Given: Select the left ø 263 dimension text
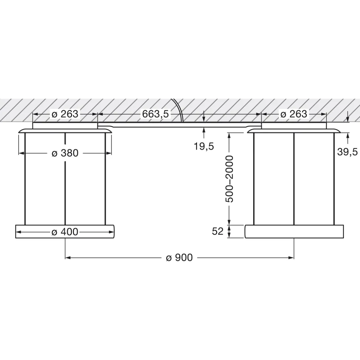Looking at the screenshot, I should tap(65, 114).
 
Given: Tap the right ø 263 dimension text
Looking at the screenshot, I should tap(294, 114).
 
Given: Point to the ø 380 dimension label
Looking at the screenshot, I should tap(65, 153).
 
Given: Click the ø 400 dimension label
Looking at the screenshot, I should tap(65, 232).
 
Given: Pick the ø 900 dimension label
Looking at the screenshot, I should tap(179, 258).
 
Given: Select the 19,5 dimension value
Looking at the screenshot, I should tap(204, 146).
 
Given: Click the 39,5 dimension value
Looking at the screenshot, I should tap(348, 152).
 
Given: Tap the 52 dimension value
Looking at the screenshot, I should tap(218, 231).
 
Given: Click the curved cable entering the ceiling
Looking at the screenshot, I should tap(178, 109).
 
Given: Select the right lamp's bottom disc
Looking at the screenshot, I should tap(294, 232).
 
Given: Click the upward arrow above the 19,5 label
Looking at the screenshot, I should tap(204, 130).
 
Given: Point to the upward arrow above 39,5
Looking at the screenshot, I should tap(348, 136).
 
